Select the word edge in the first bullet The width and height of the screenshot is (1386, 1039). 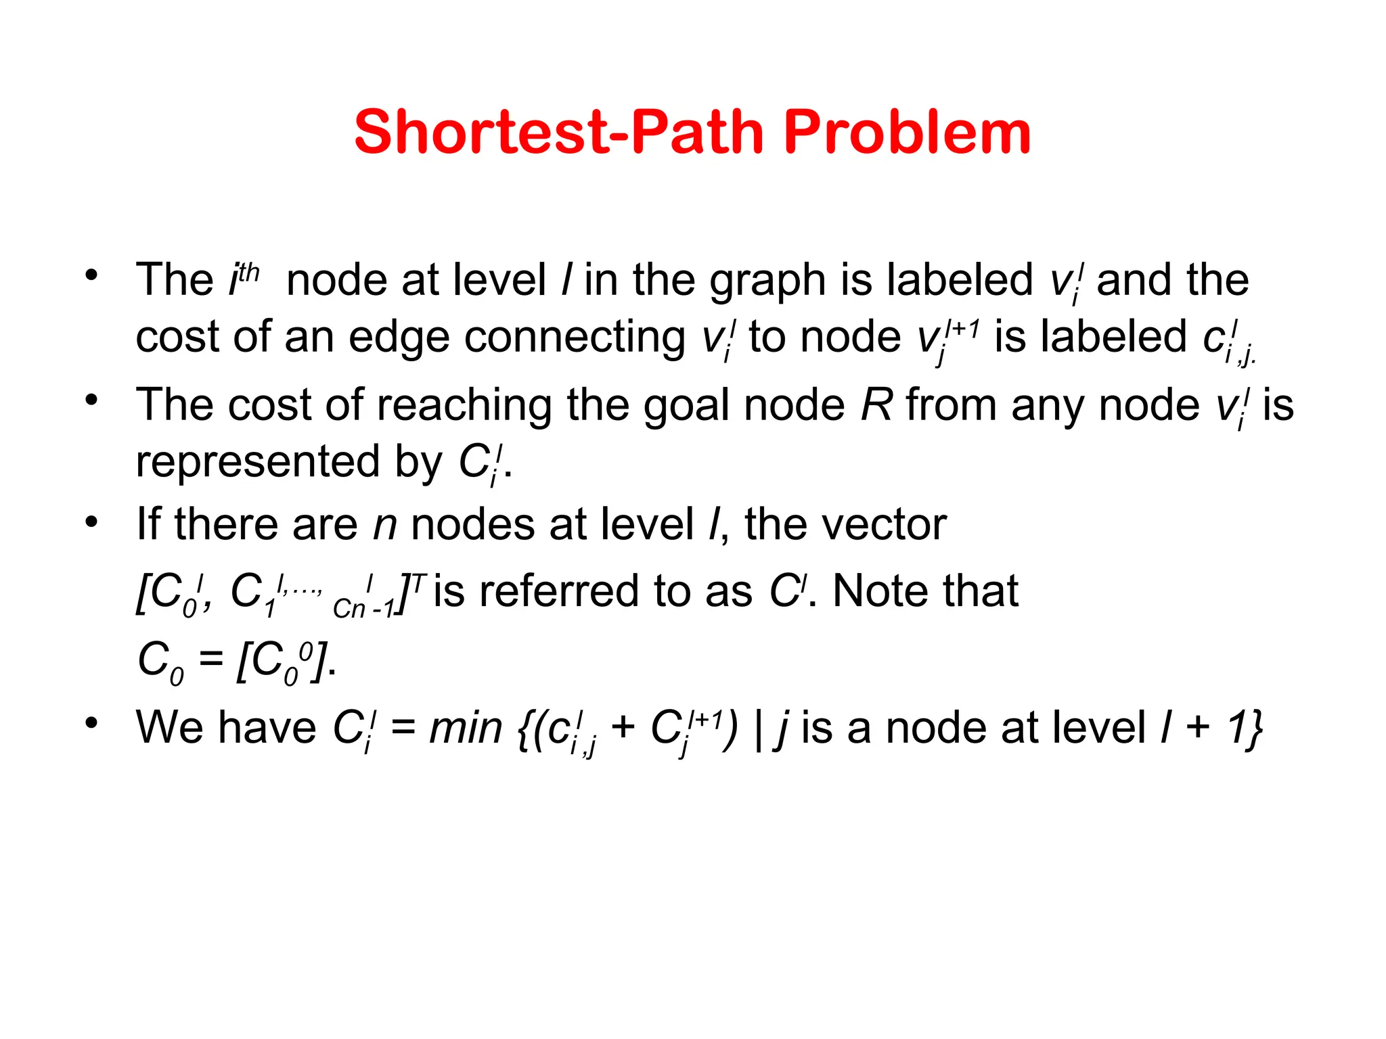click(399, 338)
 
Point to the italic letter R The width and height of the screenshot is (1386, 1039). click(876, 405)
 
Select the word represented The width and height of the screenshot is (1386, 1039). click(258, 462)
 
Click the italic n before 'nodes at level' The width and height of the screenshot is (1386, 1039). click(385, 526)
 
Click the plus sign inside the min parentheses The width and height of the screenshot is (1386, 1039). click(623, 729)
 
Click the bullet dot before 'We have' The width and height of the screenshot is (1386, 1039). click(91, 722)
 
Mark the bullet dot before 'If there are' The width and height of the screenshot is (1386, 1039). click(91, 522)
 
